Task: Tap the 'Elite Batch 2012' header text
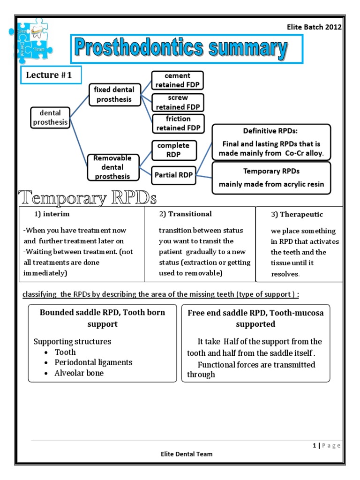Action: [314, 27]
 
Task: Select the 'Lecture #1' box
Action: [51, 75]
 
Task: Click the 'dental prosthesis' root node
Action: [50, 117]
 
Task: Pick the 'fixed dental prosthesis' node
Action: [114, 94]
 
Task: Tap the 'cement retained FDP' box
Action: [177, 80]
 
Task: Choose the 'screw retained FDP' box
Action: [178, 102]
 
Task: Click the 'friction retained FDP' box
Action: [178, 123]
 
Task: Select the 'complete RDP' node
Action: [173, 150]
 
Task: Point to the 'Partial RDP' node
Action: [173, 176]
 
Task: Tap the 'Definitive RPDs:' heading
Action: [271, 131]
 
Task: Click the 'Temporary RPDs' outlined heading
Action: [87, 197]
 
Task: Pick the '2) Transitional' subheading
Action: [185, 214]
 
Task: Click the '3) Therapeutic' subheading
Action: [297, 214]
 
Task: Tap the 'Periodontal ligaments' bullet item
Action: [93, 362]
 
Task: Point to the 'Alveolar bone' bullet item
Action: [79, 373]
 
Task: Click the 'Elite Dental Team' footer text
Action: [187, 454]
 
